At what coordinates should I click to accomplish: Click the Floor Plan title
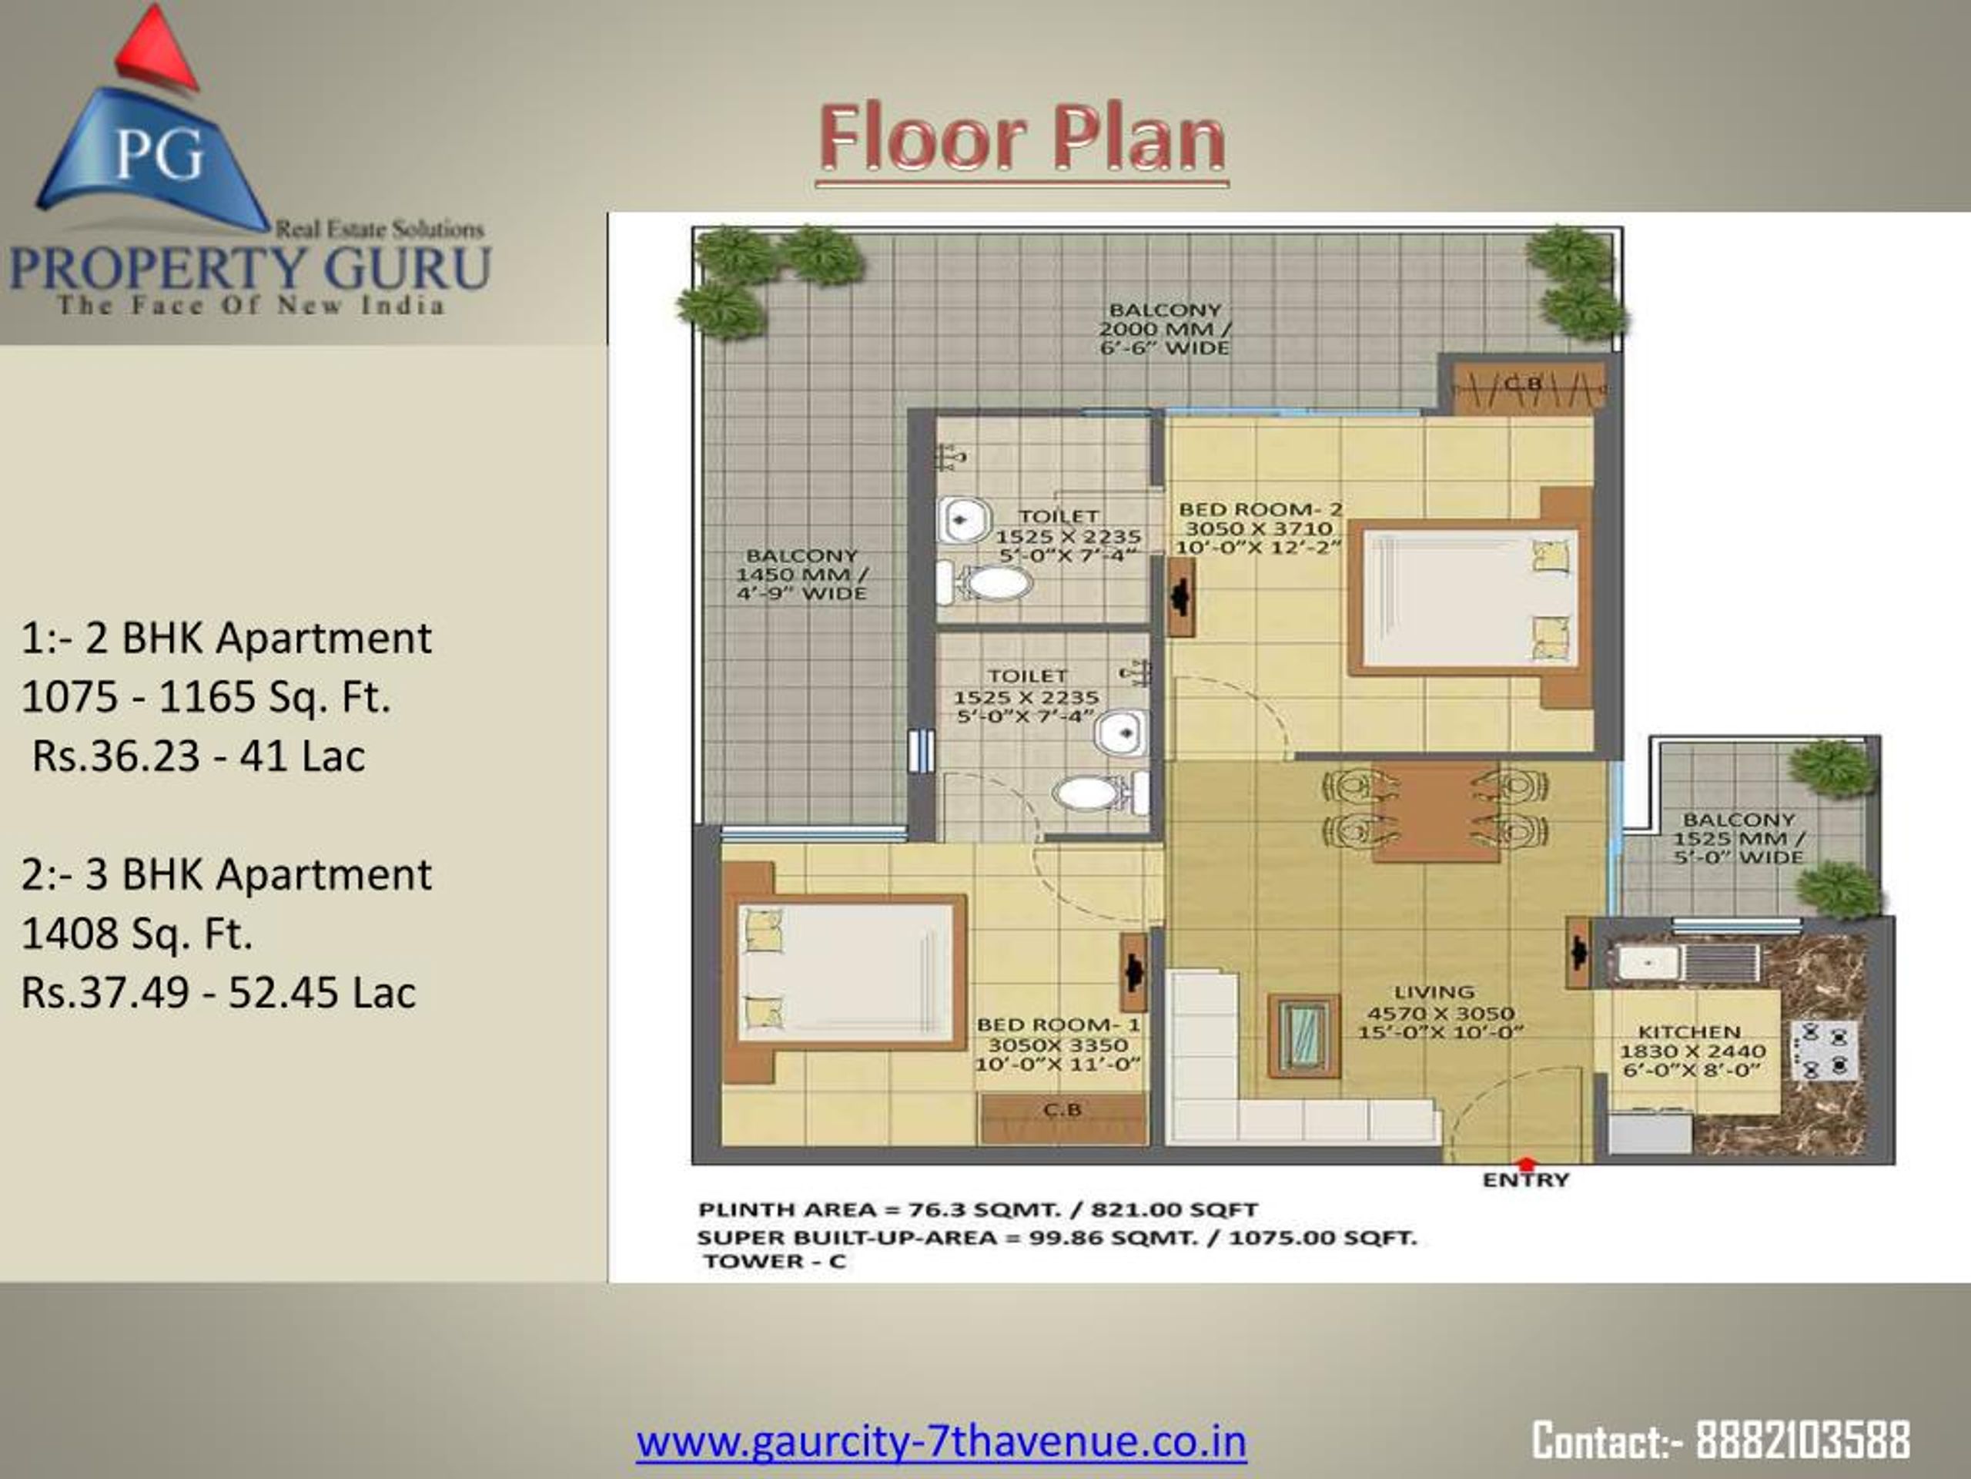point(1022,140)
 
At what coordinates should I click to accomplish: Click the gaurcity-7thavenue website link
point(941,1441)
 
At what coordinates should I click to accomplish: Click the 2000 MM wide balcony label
point(1165,328)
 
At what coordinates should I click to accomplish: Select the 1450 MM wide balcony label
point(801,574)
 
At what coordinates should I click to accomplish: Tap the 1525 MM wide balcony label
point(1738,838)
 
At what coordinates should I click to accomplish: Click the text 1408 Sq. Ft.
point(137,934)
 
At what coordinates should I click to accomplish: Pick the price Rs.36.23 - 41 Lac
point(198,756)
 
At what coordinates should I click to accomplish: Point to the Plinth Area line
point(978,1209)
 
